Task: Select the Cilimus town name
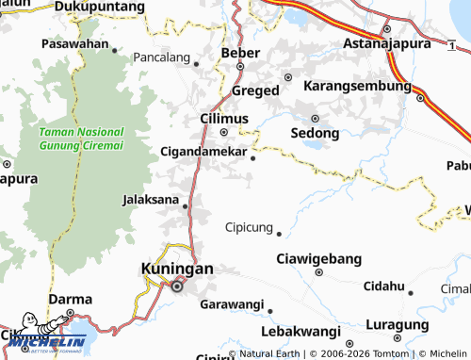[x=224, y=118]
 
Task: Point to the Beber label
[x=239, y=53]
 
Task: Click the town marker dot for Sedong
[x=315, y=119]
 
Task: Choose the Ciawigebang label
[x=317, y=258]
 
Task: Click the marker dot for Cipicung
[x=279, y=234]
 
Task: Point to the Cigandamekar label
[x=203, y=151]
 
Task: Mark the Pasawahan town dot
[x=115, y=49]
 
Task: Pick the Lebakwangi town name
[x=300, y=332]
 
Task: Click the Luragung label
[x=398, y=323]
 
